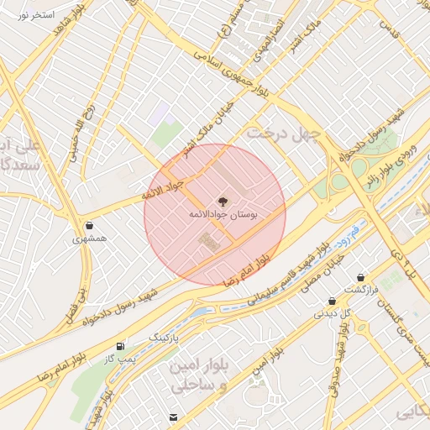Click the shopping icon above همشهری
coord(90,225)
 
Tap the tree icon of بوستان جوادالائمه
coord(223,201)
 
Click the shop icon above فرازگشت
coord(361,277)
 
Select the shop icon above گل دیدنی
coord(333,301)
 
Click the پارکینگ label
coord(165,337)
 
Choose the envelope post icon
coord(174,417)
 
